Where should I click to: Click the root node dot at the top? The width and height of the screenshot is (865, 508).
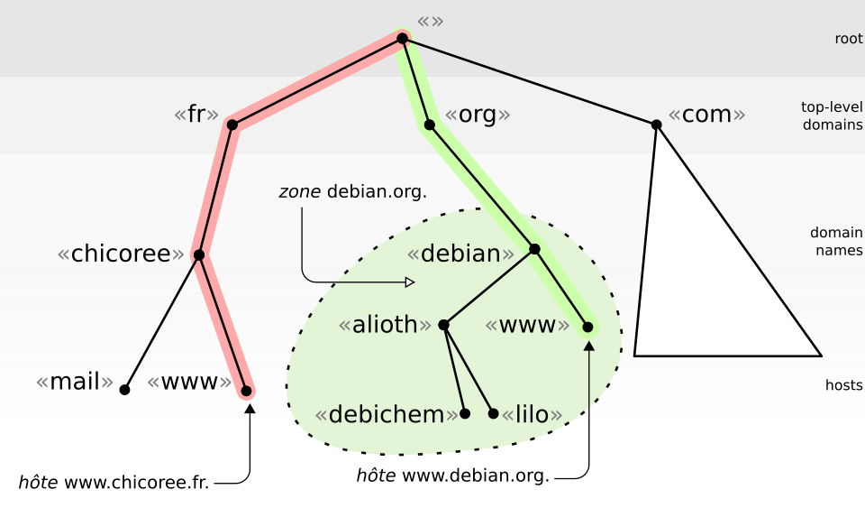point(402,38)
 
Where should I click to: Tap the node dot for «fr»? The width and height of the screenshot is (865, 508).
point(232,125)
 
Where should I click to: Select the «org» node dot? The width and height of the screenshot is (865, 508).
point(429,125)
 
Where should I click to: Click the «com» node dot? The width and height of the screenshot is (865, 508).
point(657,125)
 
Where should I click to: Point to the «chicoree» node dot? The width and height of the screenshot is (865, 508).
point(199,254)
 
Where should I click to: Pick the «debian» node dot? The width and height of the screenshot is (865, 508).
point(534,249)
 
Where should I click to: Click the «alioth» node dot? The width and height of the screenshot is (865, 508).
point(443,325)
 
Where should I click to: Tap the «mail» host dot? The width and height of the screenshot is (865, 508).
point(124,390)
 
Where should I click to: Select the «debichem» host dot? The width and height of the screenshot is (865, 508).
point(465,413)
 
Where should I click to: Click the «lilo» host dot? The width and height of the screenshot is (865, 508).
point(493,413)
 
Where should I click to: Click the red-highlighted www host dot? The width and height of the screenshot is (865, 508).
point(246,391)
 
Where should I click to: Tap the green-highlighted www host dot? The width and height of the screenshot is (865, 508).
point(588,327)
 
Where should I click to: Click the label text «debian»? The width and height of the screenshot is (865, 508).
point(460,254)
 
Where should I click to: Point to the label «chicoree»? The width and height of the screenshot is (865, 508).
point(121,254)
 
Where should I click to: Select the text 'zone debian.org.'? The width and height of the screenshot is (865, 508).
point(353,191)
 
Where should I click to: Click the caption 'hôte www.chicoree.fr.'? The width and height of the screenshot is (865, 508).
point(114,482)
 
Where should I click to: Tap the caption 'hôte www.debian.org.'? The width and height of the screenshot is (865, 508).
point(453,475)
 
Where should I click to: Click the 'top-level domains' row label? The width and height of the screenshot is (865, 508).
point(832,116)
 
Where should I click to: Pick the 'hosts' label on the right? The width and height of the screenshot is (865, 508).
point(844,385)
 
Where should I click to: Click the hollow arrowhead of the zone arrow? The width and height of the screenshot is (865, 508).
point(410,282)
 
